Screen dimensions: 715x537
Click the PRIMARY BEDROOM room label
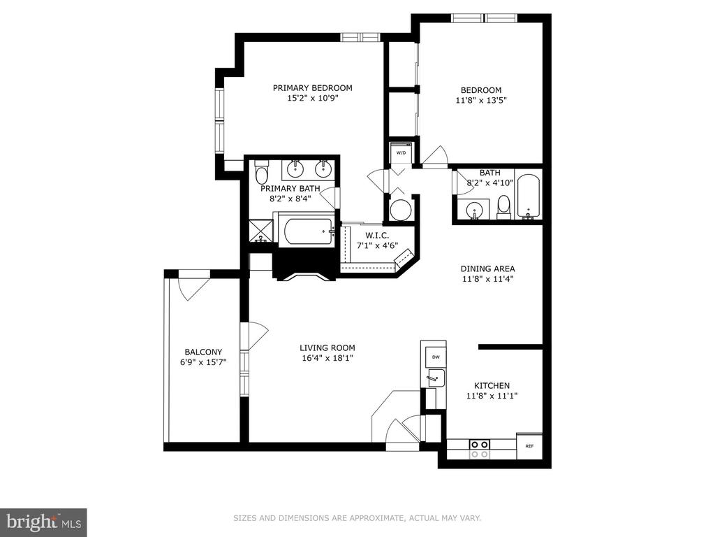coord(312,87)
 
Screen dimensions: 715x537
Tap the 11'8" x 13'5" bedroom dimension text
coord(481,100)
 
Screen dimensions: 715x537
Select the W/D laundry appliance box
coord(401,153)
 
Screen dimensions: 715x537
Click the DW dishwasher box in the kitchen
coord(436,357)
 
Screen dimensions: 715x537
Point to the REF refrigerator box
coord(529,446)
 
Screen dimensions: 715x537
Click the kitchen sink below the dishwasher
coord(436,378)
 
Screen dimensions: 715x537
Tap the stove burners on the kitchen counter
coord(480,449)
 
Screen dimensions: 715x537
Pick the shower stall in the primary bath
coord(261,231)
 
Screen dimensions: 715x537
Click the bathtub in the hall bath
coord(529,196)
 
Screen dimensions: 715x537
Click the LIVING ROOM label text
coord(327,348)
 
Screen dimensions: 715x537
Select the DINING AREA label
coord(487,269)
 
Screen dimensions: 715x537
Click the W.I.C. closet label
coord(377,236)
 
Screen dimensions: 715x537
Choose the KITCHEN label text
coord(492,386)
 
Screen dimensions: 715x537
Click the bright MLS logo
coord(44,521)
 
